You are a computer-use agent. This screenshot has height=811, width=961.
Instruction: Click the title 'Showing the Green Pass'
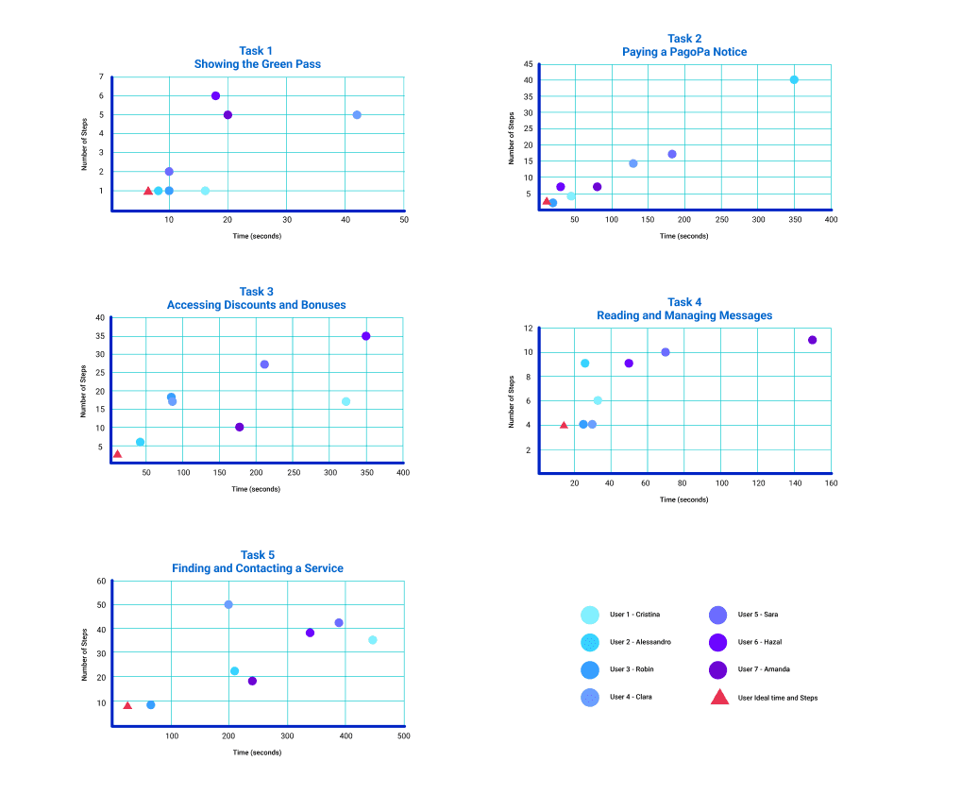257,64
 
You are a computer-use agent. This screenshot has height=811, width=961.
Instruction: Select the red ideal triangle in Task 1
148,191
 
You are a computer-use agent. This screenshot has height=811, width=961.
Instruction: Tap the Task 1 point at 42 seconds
357,114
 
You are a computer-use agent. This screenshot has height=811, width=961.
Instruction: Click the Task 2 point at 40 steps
794,80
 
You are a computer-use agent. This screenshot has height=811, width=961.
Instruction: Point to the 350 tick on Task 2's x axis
795,219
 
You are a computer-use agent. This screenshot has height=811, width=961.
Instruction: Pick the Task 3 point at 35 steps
366,336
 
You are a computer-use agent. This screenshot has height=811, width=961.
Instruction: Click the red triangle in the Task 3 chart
117,454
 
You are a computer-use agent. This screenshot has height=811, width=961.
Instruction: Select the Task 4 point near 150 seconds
812,340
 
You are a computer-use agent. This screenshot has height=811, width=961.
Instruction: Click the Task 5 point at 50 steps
228,604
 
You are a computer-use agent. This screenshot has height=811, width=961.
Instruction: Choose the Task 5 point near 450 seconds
373,640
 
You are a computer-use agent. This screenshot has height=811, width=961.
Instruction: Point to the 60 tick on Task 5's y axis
101,581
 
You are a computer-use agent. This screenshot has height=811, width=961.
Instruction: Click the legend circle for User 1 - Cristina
590,615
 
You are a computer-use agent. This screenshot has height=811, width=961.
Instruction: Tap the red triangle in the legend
719,698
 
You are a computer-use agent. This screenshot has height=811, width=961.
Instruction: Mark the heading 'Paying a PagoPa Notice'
684,52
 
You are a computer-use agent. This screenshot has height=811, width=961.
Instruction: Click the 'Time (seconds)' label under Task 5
257,752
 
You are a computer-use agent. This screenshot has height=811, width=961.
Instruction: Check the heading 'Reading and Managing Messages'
684,315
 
